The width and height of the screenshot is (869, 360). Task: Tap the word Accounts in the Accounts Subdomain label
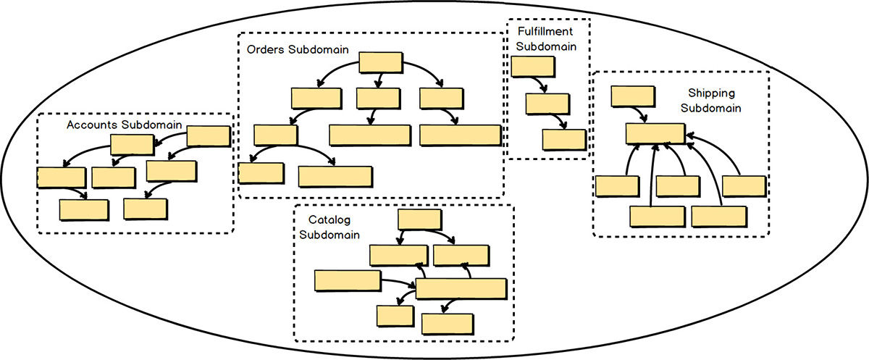click(x=93, y=125)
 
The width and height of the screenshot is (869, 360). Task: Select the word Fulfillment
click(x=546, y=33)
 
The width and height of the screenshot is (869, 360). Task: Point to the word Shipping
click(x=710, y=93)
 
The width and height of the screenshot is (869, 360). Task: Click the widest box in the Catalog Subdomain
click(x=461, y=288)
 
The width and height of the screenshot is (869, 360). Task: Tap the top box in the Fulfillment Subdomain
click(x=532, y=67)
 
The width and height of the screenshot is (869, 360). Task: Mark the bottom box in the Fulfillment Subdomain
click(x=564, y=139)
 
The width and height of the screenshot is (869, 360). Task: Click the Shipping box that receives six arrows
click(x=655, y=133)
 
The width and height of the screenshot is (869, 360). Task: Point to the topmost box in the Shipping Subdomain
click(x=632, y=96)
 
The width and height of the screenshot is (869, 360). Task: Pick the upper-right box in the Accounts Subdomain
click(x=209, y=136)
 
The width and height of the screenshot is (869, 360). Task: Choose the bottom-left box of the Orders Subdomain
click(x=259, y=172)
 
